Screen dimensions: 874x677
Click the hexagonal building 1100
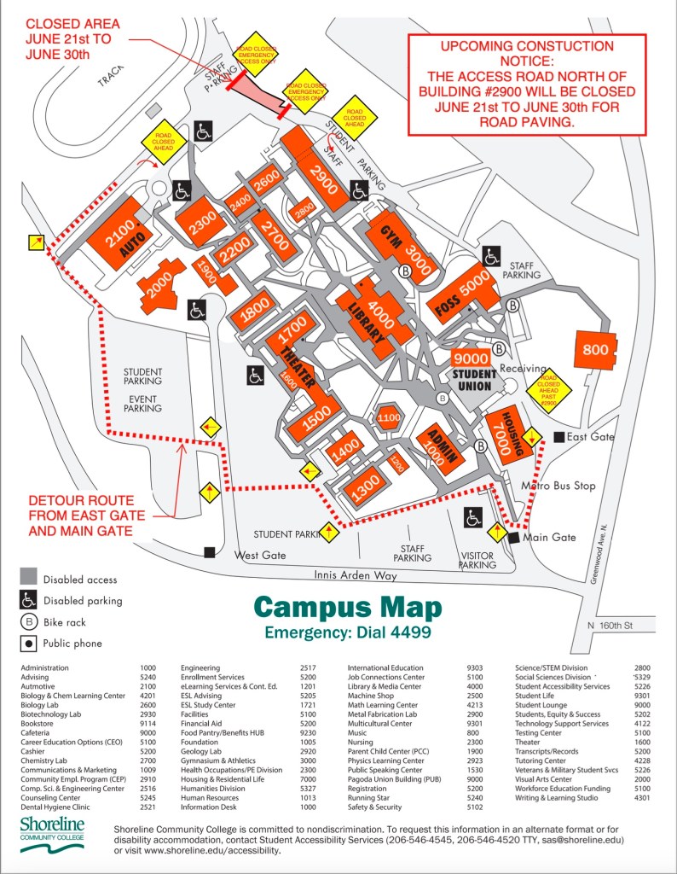388,418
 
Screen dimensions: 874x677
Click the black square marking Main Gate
513,539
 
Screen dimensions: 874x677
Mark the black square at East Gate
558,437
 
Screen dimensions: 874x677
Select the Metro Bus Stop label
558,487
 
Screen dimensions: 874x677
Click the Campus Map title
348,609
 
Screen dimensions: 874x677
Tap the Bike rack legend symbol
29,622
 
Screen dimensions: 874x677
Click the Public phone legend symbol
29,644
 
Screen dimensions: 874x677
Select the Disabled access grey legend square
29,580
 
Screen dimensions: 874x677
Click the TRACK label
110,78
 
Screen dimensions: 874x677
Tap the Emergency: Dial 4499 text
348,634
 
